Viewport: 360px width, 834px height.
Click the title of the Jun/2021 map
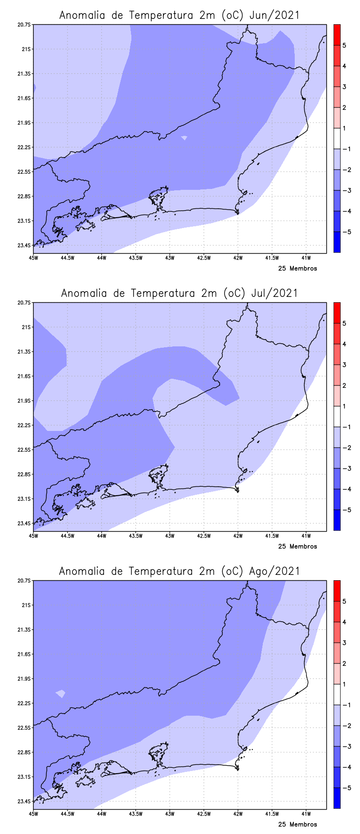tap(179, 15)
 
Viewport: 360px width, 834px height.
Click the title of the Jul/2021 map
tap(179, 293)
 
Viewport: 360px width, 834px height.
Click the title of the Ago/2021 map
tap(179, 571)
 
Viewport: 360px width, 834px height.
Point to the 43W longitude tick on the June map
tap(170, 258)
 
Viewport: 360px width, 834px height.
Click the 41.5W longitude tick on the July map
tap(272, 536)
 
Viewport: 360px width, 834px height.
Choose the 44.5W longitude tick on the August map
tap(67, 814)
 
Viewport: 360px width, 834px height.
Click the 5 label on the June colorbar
tap(344, 45)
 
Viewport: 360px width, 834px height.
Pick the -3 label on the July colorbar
tap(346, 469)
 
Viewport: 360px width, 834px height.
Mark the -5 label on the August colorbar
tap(346, 788)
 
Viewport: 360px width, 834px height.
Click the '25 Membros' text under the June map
tap(297, 269)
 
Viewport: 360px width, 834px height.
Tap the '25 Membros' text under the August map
tap(297, 825)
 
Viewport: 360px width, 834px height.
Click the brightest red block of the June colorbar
tap(337, 35)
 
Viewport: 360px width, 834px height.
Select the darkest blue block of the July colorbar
tap(337, 520)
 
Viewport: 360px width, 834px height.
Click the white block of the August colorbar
tap(337, 695)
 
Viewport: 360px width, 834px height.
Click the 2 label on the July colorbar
tap(344, 386)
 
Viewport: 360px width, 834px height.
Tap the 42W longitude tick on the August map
tap(238, 814)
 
